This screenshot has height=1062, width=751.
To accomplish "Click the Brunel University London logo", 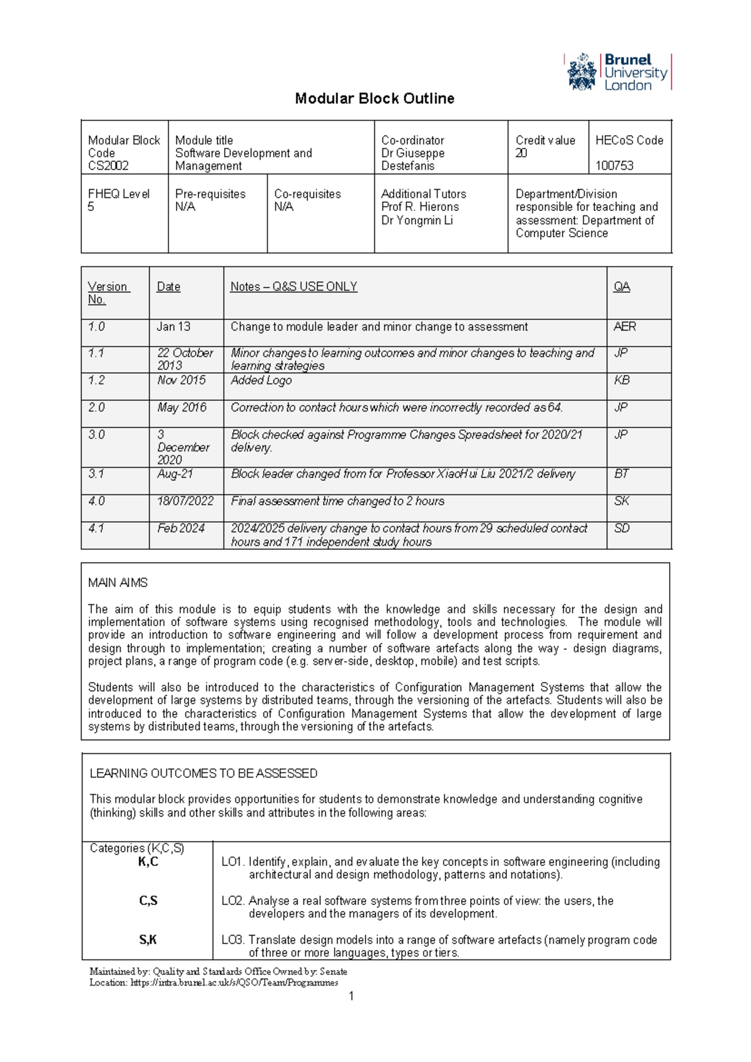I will click(x=618, y=72).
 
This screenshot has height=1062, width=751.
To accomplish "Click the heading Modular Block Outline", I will click(x=374, y=98).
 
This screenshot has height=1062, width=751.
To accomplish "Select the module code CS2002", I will click(x=108, y=166).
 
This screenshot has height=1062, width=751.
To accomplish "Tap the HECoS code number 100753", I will click(x=614, y=166).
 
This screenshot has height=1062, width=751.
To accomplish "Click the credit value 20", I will click(x=521, y=153).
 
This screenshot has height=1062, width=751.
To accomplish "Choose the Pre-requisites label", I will click(x=210, y=194).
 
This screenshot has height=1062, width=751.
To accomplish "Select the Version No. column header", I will click(x=108, y=292).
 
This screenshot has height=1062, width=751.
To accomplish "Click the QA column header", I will click(x=621, y=287).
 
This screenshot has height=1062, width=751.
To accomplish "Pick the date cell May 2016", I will click(x=181, y=408).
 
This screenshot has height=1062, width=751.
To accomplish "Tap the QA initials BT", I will click(x=621, y=474).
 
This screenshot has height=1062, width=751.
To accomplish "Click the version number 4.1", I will click(x=96, y=528).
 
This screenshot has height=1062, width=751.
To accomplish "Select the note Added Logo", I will click(x=261, y=380).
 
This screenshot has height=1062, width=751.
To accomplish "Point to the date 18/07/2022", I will click(x=185, y=501).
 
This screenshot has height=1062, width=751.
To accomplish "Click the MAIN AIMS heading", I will click(x=118, y=583).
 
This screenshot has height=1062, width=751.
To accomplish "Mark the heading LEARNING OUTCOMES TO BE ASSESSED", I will click(x=203, y=773).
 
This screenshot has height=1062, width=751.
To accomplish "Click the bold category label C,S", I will click(x=148, y=901).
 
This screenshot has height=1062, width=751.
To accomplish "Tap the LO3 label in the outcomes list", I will click(x=232, y=940).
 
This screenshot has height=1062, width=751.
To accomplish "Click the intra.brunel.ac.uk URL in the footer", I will click(x=234, y=982).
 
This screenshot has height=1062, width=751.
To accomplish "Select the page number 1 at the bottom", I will click(x=351, y=996).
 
